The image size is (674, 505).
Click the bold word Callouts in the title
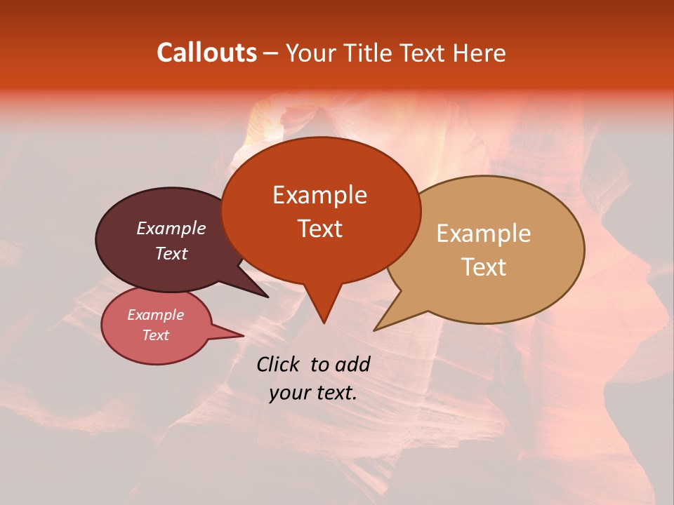pyautogui.click(x=206, y=53)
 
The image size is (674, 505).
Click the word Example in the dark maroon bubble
pyautogui.click(x=171, y=228)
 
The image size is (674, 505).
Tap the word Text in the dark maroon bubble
pyautogui.click(x=171, y=253)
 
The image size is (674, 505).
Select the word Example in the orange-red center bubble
pyautogui.click(x=319, y=195)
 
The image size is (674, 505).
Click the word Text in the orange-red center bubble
pyautogui.click(x=319, y=229)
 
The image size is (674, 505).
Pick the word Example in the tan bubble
pyautogui.click(x=484, y=234)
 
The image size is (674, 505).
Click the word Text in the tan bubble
pyautogui.click(x=484, y=267)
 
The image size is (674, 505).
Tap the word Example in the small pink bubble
pyautogui.click(x=155, y=315)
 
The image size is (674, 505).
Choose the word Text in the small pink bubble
pyautogui.click(x=155, y=335)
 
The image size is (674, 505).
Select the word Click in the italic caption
pyautogui.click(x=279, y=364)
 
